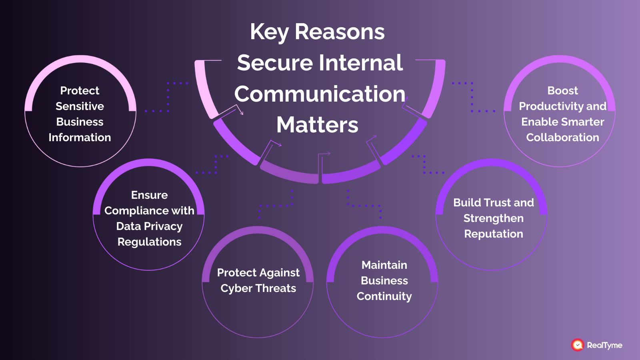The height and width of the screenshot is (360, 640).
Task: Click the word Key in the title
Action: (269, 32)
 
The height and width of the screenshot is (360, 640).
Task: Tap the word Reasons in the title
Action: (340, 32)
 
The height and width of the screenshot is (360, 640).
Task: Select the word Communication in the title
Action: (320, 94)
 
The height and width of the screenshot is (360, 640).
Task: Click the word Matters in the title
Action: (318, 125)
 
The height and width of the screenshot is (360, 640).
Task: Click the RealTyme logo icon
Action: (578, 345)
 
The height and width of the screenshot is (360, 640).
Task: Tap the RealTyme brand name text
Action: (604, 345)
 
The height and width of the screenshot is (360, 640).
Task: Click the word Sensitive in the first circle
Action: (80, 106)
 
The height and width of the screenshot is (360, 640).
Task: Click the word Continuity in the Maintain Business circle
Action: (384, 296)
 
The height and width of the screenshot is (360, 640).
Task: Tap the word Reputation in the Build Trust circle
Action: (494, 234)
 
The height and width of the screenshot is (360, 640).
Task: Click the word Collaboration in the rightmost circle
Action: (562, 138)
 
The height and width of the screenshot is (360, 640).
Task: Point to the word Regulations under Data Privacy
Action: (149, 242)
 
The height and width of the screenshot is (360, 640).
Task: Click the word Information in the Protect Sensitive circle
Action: (80, 138)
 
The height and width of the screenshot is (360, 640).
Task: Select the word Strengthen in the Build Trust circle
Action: (494, 218)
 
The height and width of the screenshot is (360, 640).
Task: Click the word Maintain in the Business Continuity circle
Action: (384, 265)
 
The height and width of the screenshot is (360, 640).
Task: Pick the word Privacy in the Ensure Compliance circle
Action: (163, 226)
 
